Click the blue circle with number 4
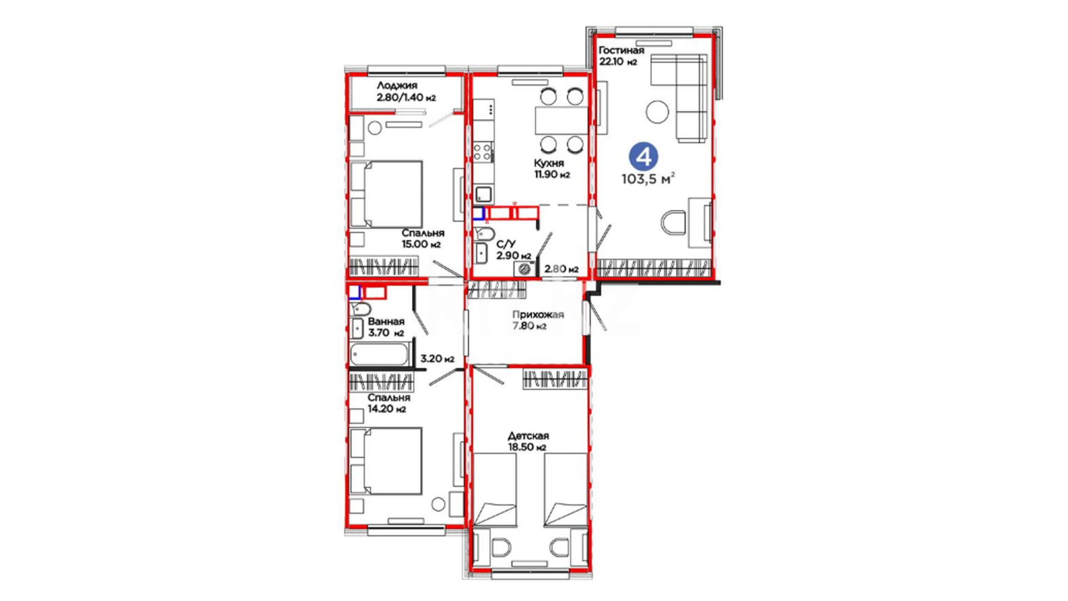[x=644, y=157]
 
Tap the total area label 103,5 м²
[x=648, y=179]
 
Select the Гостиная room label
[x=621, y=50]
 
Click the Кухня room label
[x=548, y=163]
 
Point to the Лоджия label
[x=397, y=86]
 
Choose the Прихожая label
[x=538, y=314]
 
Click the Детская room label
[x=528, y=436]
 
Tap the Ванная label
[x=386, y=322]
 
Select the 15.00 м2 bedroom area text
[x=421, y=244]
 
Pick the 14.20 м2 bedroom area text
[x=387, y=409]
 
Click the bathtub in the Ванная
[x=380, y=354]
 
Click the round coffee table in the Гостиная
[x=657, y=111]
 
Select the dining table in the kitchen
[x=561, y=121]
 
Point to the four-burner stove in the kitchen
[x=482, y=152]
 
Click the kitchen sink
[x=483, y=194]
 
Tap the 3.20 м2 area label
[x=437, y=359]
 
